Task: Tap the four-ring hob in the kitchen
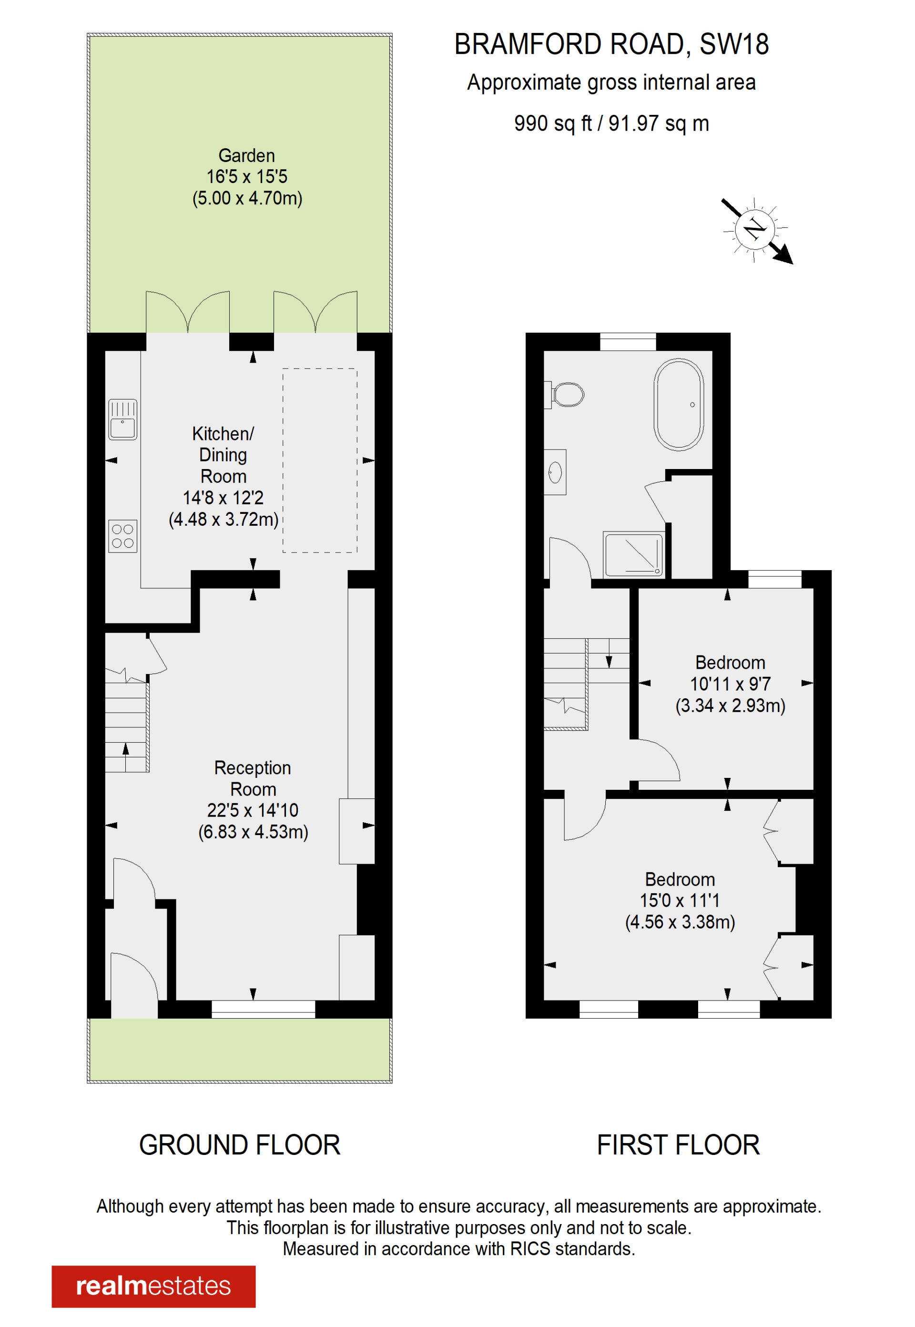click(122, 536)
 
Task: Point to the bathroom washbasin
click(555, 472)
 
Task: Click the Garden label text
click(246, 155)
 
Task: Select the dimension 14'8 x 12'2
click(223, 498)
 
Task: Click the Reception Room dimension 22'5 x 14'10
click(253, 810)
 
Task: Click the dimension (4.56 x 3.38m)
click(680, 922)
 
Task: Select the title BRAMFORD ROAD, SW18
click(611, 45)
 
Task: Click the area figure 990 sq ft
click(552, 123)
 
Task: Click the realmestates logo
click(153, 1286)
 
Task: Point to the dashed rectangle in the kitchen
click(320, 460)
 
